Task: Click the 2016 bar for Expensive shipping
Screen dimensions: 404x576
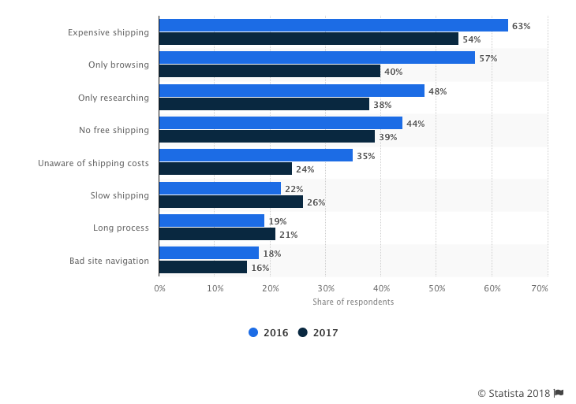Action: [x=333, y=25]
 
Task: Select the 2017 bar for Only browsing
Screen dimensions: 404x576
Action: [x=270, y=72]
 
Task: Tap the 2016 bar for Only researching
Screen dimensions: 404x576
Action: [x=292, y=91]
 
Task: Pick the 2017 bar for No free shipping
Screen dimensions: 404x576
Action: [x=267, y=137]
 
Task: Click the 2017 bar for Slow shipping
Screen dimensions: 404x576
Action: [x=231, y=202]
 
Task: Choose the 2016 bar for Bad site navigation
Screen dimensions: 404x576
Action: [x=209, y=253]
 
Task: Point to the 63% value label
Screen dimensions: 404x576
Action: [x=521, y=26]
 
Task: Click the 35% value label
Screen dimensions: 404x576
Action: [x=365, y=156]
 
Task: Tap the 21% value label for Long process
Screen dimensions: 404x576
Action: [x=288, y=235]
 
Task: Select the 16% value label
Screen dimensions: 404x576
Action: [x=260, y=268]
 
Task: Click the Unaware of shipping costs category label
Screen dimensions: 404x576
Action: [x=93, y=163]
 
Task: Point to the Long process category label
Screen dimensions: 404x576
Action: [x=121, y=228]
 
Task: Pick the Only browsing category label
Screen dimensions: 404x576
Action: [x=118, y=65]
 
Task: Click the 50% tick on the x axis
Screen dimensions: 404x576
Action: [x=436, y=289]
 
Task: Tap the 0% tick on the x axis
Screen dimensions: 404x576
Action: [x=159, y=289]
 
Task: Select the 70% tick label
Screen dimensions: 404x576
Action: [x=540, y=289]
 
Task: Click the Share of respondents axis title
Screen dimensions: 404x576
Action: [x=353, y=302]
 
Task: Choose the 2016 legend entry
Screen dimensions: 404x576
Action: [x=268, y=333]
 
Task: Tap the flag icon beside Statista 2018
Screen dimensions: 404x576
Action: [x=559, y=393]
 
